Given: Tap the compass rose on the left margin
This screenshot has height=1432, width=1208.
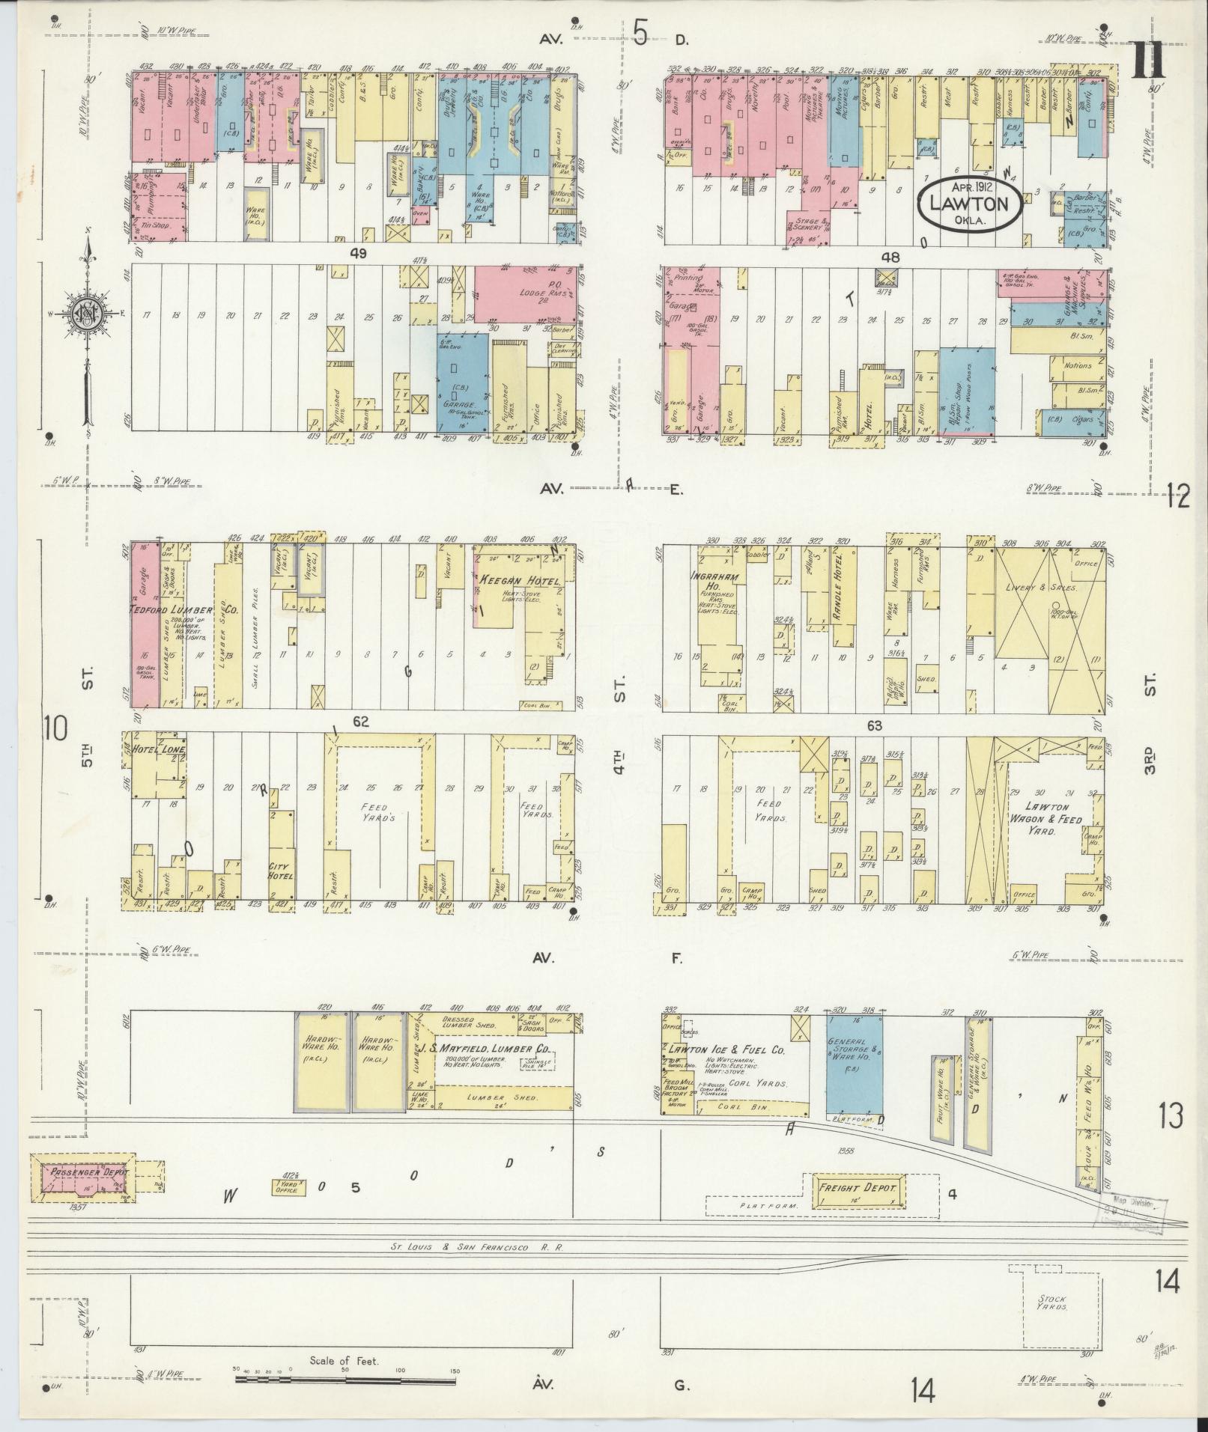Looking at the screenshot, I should [88, 315].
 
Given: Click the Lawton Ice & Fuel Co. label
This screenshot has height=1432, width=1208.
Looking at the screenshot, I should [725, 1050].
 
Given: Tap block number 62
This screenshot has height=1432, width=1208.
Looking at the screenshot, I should [362, 722].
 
